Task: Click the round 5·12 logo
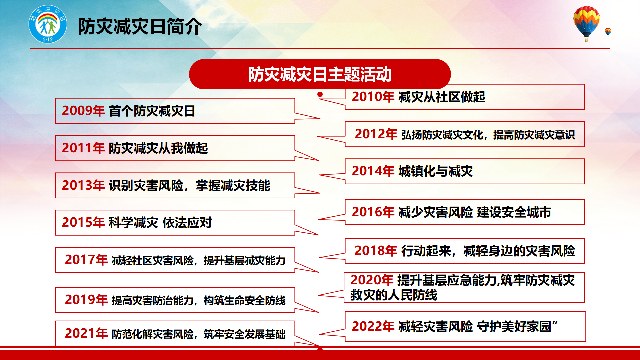tap(48, 24)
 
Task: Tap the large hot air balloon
tap(586, 23)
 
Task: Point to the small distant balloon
tap(608, 32)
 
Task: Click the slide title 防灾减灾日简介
tap(140, 26)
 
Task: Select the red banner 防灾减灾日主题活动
tap(320, 74)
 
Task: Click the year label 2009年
tap(83, 111)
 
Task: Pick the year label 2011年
tap(83, 148)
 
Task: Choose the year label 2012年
tap(376, 134)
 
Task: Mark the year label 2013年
tap(83, 185)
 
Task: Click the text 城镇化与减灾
tap(436, 171)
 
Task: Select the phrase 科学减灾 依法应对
tap(160, 223)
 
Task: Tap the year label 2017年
tap(86, 260)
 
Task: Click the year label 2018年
tap(376, 251)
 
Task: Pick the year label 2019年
tap(86, 300)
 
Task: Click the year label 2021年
tap(86, 333)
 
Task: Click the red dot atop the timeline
tap(320, 94)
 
